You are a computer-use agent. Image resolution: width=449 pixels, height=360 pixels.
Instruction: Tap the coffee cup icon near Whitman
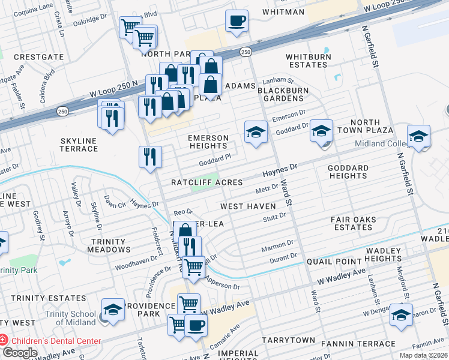coord(237,20)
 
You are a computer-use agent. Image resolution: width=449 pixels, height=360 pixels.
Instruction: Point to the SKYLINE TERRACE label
coord(79,145)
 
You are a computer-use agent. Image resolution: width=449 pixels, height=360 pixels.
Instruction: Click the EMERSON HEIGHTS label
coord(209,142)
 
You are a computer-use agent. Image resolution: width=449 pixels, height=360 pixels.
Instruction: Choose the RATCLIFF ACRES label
coord(206,182)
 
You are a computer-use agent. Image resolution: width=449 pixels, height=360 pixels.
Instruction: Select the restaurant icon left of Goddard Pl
coord(150,157)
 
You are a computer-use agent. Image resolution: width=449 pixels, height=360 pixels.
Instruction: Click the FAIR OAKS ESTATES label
coord(353,224)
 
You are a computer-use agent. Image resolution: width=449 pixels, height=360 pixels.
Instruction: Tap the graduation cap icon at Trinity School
coord(113,310)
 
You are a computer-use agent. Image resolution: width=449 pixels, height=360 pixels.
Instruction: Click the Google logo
coord(20,353)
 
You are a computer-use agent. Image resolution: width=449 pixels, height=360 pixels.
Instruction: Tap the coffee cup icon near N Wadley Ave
coord(196,325)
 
